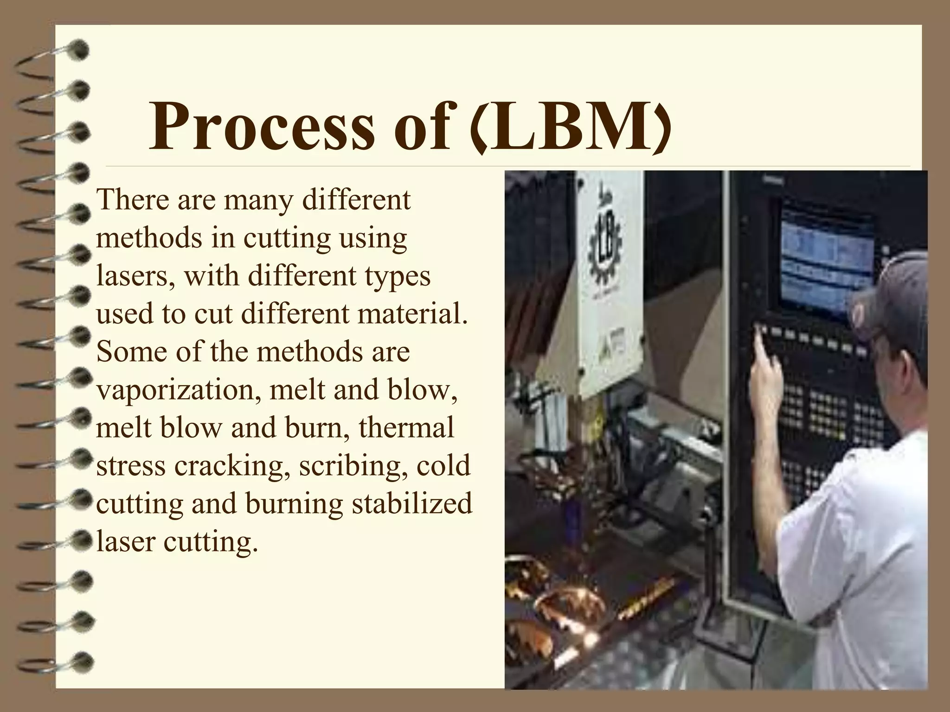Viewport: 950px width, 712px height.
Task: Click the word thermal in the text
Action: [406, 427]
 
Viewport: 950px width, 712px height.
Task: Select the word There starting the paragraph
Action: [126, 200]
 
